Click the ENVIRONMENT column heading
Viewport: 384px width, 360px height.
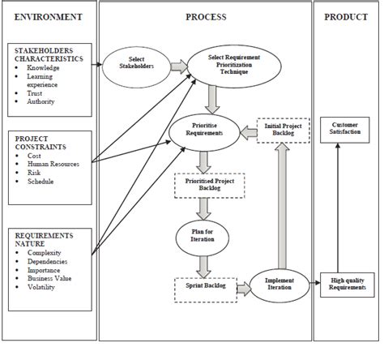pos(47,17)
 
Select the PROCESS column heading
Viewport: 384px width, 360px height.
pos(206,17)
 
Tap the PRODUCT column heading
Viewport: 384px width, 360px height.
pos(346,17)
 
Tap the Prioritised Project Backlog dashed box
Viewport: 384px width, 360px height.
pos(205,185)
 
